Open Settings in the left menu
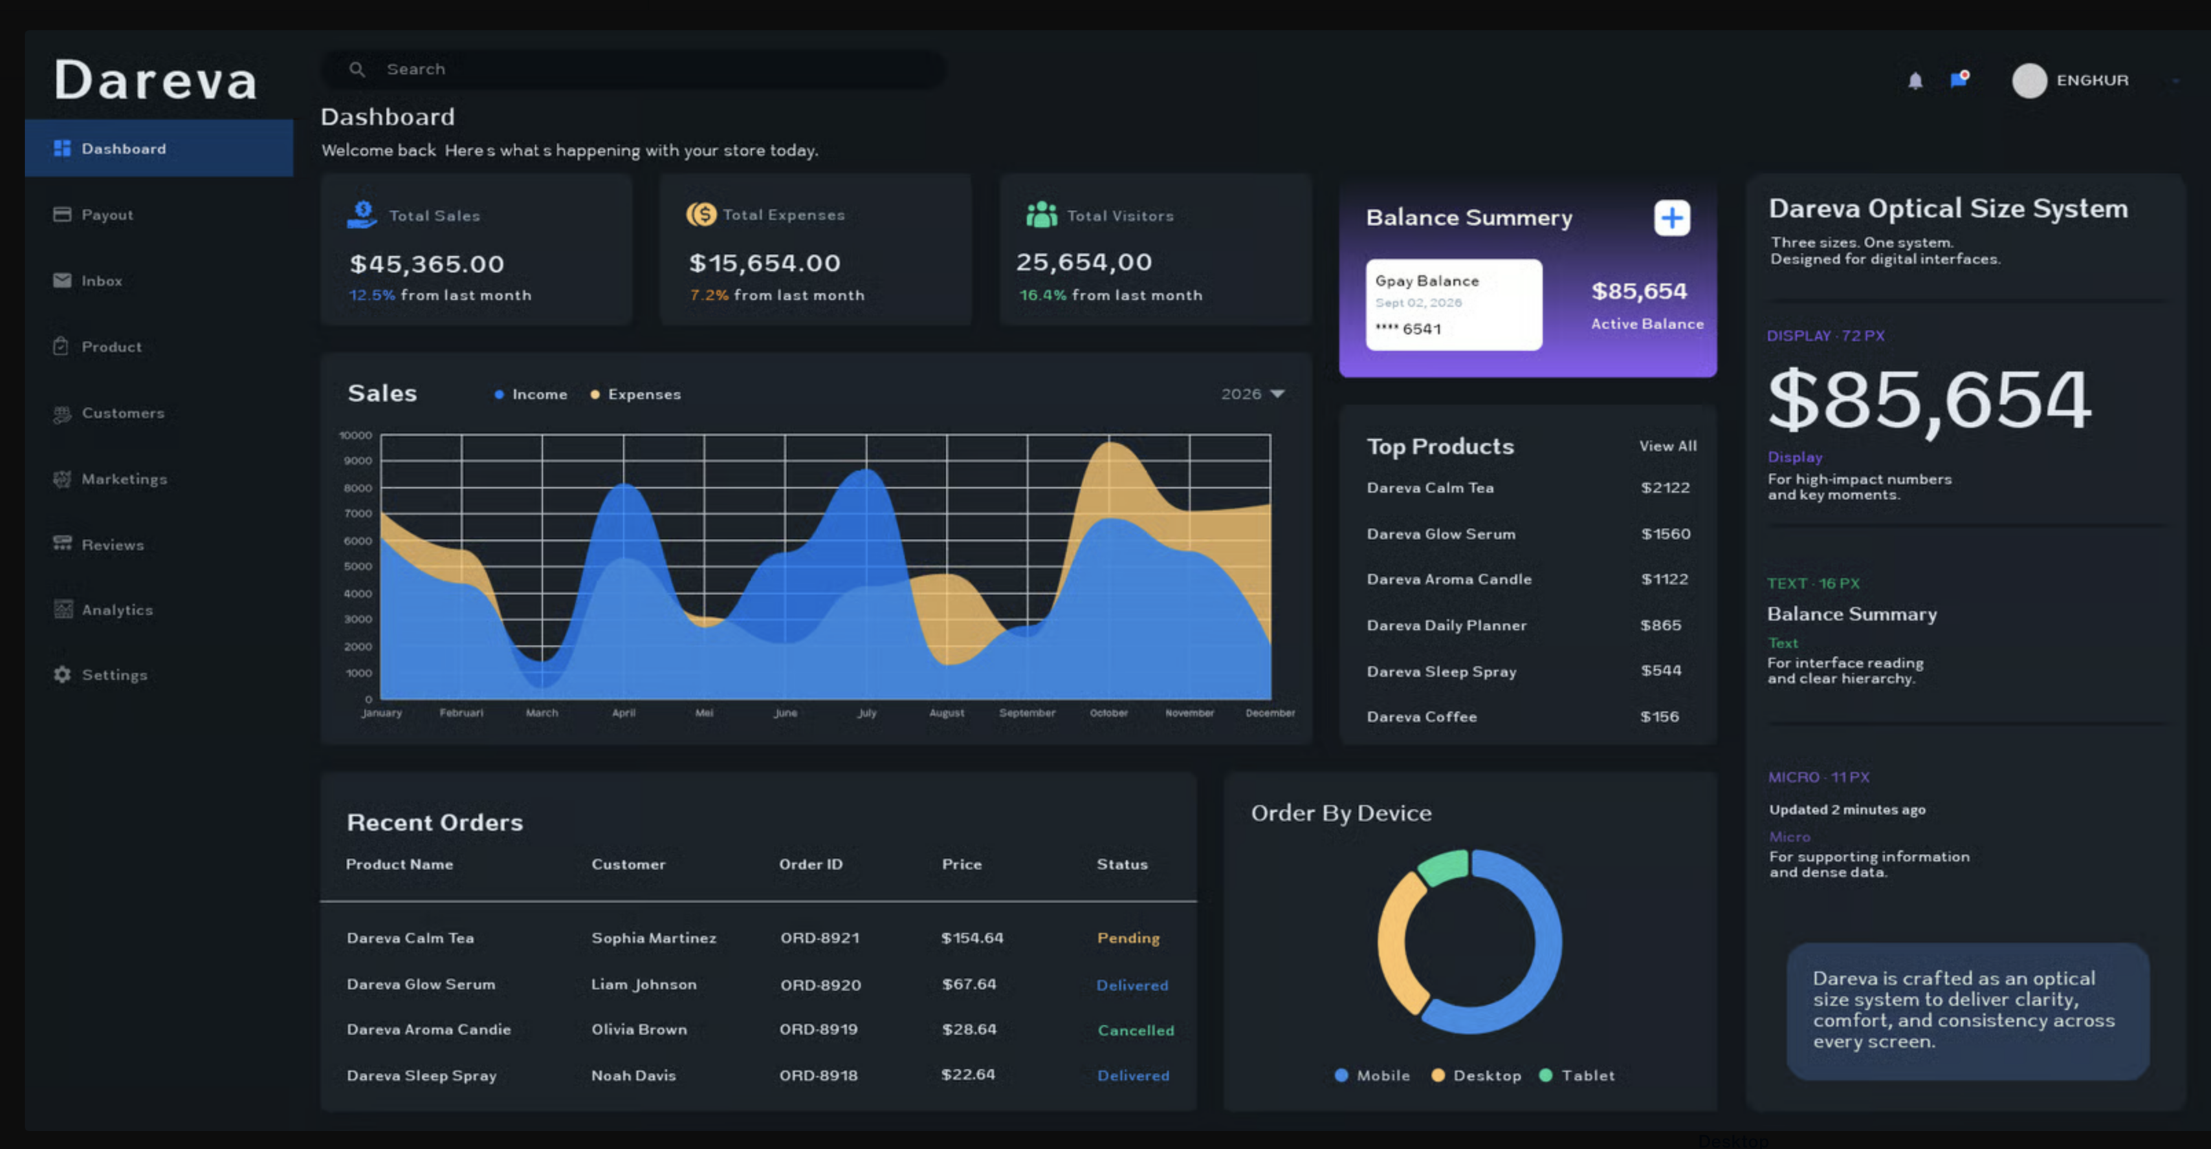[100, 675]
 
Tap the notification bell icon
[1915, 80]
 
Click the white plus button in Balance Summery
[1672, 218]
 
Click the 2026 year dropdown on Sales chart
[1252, 394]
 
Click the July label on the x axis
[867, 713]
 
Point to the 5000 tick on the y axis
[358, 567]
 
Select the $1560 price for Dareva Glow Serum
[1665, 534]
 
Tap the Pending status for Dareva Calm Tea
[1127, 938]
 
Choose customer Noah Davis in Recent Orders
[633, 1075]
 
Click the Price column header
[961, 864]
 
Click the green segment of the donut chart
[1444, 866]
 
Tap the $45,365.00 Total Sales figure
[426, 264]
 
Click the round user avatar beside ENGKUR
[2029, 80]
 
